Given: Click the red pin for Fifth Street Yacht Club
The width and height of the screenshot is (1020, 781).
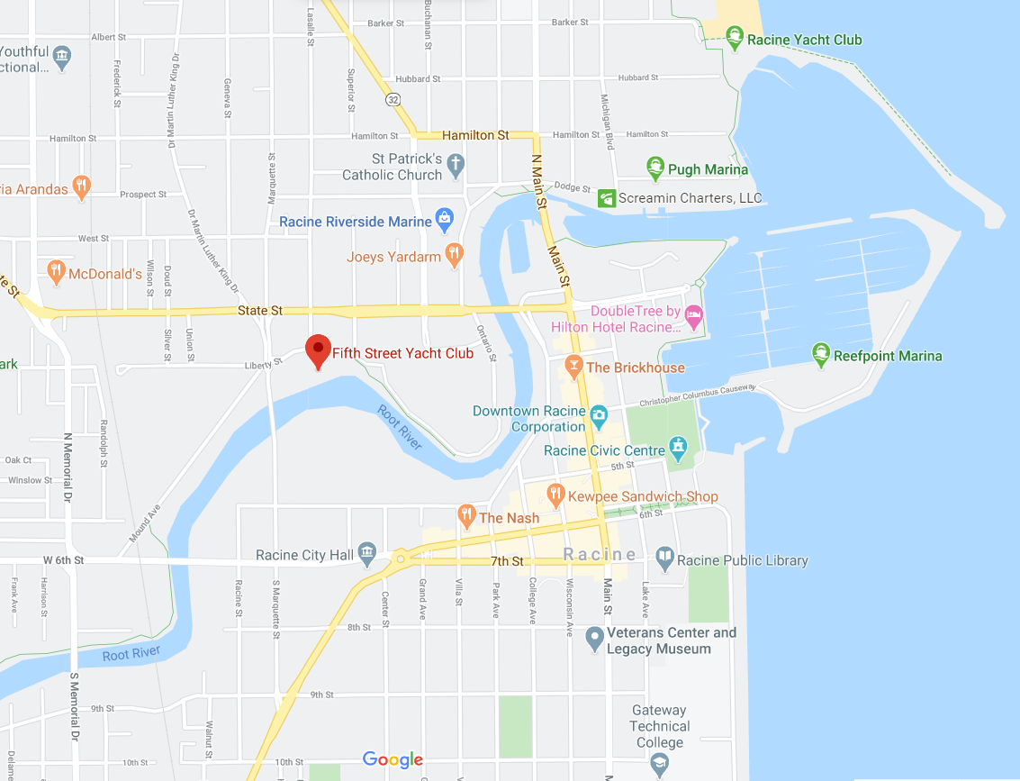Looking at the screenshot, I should (x=318, y=350).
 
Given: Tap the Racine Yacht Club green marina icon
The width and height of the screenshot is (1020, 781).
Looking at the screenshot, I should (x=735, y=39).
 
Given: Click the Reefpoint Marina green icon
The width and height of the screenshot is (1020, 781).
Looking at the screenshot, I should (x=820, y=355).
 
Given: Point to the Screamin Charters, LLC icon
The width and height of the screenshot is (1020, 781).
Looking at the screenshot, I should (x=607, y=198).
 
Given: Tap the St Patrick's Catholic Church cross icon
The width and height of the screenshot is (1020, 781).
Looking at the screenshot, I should (x=456, y=165).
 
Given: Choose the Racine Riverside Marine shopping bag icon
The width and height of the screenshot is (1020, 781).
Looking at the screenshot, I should (x=444, y=219).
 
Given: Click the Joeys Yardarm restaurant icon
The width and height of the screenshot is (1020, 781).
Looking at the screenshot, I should (x=455, y=255).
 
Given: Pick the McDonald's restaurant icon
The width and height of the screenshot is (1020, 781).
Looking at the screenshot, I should (x=56, y=271).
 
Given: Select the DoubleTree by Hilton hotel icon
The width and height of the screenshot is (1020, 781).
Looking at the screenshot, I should (x=693, y=317).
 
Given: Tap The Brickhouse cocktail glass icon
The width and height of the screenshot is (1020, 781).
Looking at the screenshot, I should (x=573, y=366).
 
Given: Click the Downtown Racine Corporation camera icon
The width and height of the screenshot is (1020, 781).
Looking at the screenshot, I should (x=600, y=416).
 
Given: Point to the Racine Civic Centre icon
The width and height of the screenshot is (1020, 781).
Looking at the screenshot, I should (x=678, y=448).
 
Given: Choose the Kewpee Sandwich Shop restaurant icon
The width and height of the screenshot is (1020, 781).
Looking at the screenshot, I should (x=555, y=495).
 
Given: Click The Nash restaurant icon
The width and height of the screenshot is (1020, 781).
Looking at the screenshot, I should (x=466, y=516).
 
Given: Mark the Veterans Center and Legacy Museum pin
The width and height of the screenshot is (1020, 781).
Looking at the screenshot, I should (x=593, y=639).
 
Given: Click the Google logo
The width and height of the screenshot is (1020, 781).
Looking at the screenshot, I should (x=393, y=760).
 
